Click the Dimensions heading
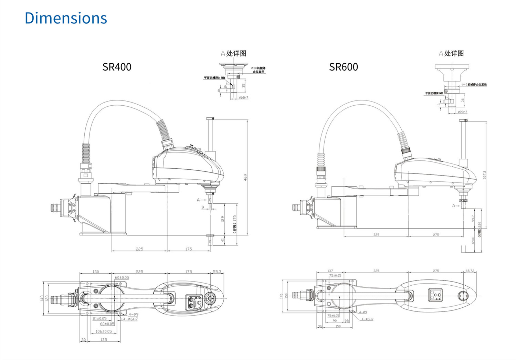[x=66, y=18]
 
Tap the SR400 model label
[x=117, y=67]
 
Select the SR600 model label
[x=343, y=67]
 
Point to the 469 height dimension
[x=245, y=177]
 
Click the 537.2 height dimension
[x=485, y=175]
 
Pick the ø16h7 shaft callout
[x=244, y=98]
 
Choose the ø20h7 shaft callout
[x=463, y=112]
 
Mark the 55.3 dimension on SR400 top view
[x=217, y=272]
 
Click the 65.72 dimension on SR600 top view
[x=470, y=271]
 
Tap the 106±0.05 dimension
[x=104, y=331]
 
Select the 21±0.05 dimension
[x=99, y=318]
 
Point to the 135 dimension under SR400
[x=103, y=340]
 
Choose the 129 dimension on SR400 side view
[x=222, y=219]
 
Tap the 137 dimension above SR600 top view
[x=330, y=271]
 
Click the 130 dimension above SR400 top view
[x=95, y=272]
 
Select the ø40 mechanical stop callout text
[x=474, y=85]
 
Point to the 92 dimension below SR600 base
[x=335, y=321]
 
